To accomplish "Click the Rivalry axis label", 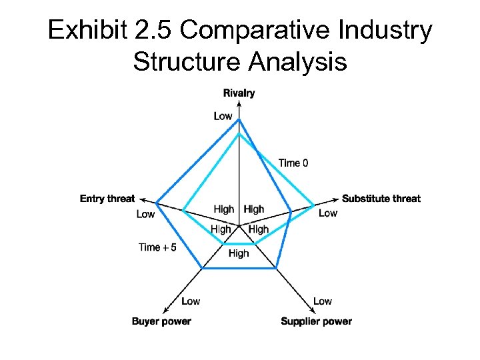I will pyautogui.click(x=239, y=93).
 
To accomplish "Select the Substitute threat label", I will pyautogui.click(x=381, y=198).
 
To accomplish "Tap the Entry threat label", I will pyautogui.click(x=107, y=198).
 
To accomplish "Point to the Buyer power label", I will pyautogui.click(x=161, y=321).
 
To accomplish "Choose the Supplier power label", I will pyautogui.click(x=316, y=321).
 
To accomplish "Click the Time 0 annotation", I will pyautogui.click(x=293, y=163).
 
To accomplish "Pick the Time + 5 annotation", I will pyautogui.click(x=157, y=247).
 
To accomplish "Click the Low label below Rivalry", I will pyautogui.click(x=223, y=116).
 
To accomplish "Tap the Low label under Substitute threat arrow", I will pyautogui.click(x=328, y=213).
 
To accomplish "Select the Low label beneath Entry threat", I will pyautogui.click(x=145, y=214).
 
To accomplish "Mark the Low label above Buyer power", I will pyautogui.click(x=191, y=301).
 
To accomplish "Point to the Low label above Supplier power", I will pyautogui.click(x=323, y=301).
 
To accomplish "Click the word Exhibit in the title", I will pyautogui.click(x=86, y=31).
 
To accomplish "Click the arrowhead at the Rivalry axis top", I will pyautogui.click(x=239, y=101).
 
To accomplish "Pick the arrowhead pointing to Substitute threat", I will pyautogui.click(x=337, y=199).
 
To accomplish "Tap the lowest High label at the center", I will pyautogui.click(x=239, y=253).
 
